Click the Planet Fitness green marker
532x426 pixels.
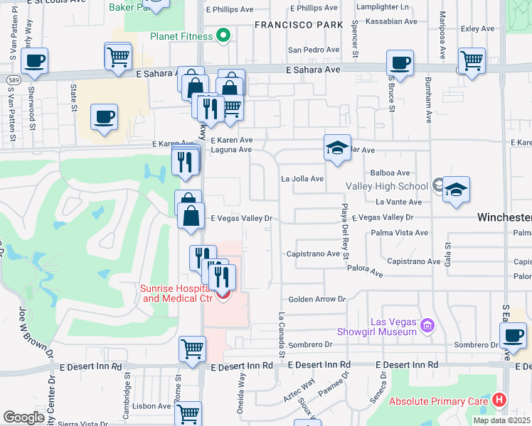(x=223, y=35)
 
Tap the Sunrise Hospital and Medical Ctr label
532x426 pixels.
(x=176, y=293)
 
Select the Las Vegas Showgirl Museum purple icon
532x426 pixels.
(x=427, y=327)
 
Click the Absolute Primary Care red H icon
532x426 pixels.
(x=500, y=400)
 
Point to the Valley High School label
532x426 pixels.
(x=387, y=187)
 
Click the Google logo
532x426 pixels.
(x=23, y=417)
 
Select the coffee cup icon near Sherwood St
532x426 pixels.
(x=34, y=62)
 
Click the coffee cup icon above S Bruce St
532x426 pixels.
(x=400, y=62)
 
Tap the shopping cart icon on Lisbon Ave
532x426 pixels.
(x=188, y=413)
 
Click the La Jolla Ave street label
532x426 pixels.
(x=302, y=179)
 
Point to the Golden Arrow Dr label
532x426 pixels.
(x=316, y=300)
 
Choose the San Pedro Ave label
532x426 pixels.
(x=314, y=50)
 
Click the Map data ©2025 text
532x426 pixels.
(x=501, y=420)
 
